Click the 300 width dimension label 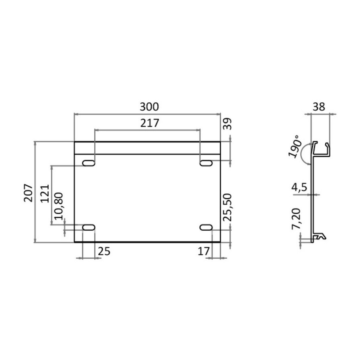(149, 107)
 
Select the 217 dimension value (150, 123)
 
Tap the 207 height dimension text (28, 193)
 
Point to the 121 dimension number (45, 193)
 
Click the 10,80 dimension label (58, 206)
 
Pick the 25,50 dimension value (228, 207)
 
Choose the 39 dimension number (227, 124)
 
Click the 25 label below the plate (104, 251)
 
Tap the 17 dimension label (204, 251)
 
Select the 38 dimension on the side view (319, 107)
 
